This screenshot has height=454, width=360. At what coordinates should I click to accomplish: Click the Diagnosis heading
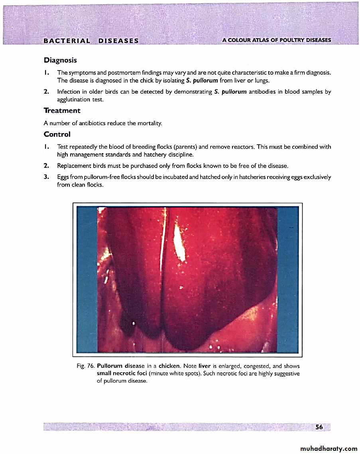pyautogui.click(x=60, y=60)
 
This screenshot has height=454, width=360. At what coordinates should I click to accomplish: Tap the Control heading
pyautogui.click(x=57, y=134)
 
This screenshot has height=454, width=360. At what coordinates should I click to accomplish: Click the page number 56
pyautogui.click(x=319, y=427)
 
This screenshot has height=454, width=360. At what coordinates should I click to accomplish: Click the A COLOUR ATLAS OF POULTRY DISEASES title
pyautogui.click(x=277, y=40)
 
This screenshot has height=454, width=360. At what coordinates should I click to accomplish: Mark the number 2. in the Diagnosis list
pyautogui.click(x=47, y=92)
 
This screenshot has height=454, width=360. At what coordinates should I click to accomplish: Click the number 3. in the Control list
pyautogui.click(x=47, y=177)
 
